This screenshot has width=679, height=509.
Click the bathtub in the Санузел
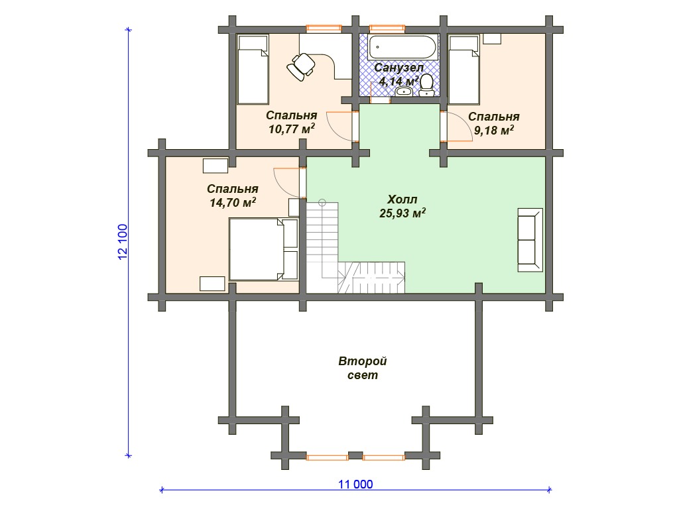coord(402,47)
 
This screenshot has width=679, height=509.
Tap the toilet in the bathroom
coord(426,85)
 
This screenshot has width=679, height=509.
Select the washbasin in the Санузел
coord(404,91)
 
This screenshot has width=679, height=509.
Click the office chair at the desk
coord(301,66)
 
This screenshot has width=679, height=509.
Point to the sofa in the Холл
coord(530,240)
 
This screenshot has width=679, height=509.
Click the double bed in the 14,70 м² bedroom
coord(263,249)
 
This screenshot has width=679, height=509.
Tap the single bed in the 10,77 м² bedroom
coord(253,69)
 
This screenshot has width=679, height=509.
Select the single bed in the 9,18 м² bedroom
coord(463,70)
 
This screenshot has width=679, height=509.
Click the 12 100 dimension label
coord(123,242)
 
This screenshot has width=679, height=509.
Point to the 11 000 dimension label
coord(355,484)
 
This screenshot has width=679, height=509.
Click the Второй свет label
coord(363,368)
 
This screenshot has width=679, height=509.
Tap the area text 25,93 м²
coord(402,213)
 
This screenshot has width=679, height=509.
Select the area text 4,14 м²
coord(399,81)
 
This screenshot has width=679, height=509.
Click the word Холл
coord(402,199)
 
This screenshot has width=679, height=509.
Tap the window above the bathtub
coord(387,28)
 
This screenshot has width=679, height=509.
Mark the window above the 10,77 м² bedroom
coord(324,28)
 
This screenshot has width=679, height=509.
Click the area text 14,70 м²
coord(233,203)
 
